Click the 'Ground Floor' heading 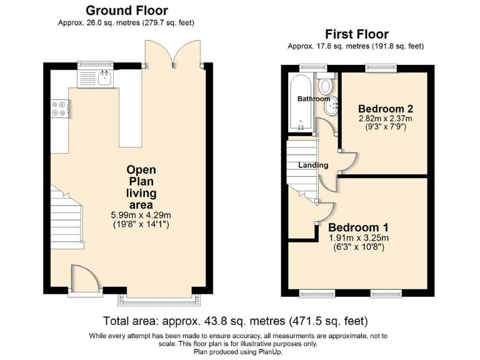[x=127, y=11]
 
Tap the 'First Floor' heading [x=357, y=34]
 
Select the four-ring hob [x=59, y=109]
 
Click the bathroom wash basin [x=331, y=106]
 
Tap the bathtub [x=300, y=102]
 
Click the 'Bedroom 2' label [x=386, y=109]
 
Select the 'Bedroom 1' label [x=358, y=227]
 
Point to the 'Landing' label [x=313, y=165]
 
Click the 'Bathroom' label [x=314, y=99]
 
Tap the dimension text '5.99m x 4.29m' [x=141, y=215]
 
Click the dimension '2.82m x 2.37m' [x=386, y=119]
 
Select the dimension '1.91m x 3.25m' [x=359, y=238]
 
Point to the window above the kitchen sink [x=95, y=64]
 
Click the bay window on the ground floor [x=159, y=300]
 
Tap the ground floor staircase [x=67, y=217]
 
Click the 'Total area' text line [x=236, y=321]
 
